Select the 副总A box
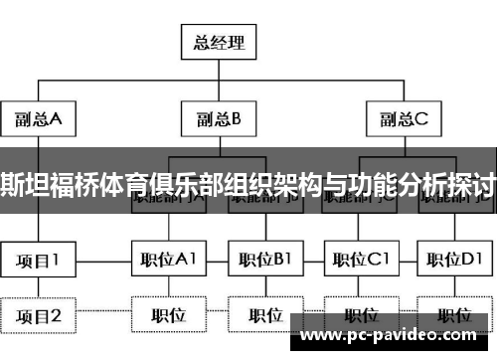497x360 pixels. [39, 120]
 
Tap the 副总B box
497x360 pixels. [218, 120]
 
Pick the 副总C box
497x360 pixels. [403, 120]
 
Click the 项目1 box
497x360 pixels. [39, 261]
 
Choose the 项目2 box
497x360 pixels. [39, 316]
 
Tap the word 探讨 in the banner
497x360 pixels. [475, 184]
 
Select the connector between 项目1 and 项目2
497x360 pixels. [39, 288]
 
